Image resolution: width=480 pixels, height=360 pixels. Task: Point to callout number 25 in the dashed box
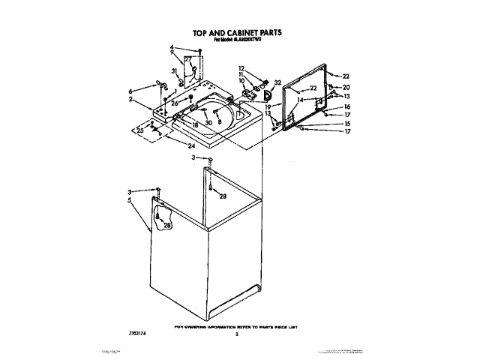pos(139,130)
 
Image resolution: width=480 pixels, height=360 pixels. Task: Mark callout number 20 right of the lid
pos(346,87)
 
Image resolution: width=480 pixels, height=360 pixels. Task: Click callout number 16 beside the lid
pos(346,107)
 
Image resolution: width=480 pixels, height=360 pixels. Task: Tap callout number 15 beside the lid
pos(346,124)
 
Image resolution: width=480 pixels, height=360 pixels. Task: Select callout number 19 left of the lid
pos(266,107)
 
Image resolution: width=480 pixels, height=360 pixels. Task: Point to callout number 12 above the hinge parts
pos(241,67)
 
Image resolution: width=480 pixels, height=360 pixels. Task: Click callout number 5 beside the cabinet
pos(130,200)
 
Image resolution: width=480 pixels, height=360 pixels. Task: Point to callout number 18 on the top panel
pos(194,125)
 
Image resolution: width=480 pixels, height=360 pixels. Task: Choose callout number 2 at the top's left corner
pos(130,99)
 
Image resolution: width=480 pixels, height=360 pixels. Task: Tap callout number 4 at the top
pos(172,47)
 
